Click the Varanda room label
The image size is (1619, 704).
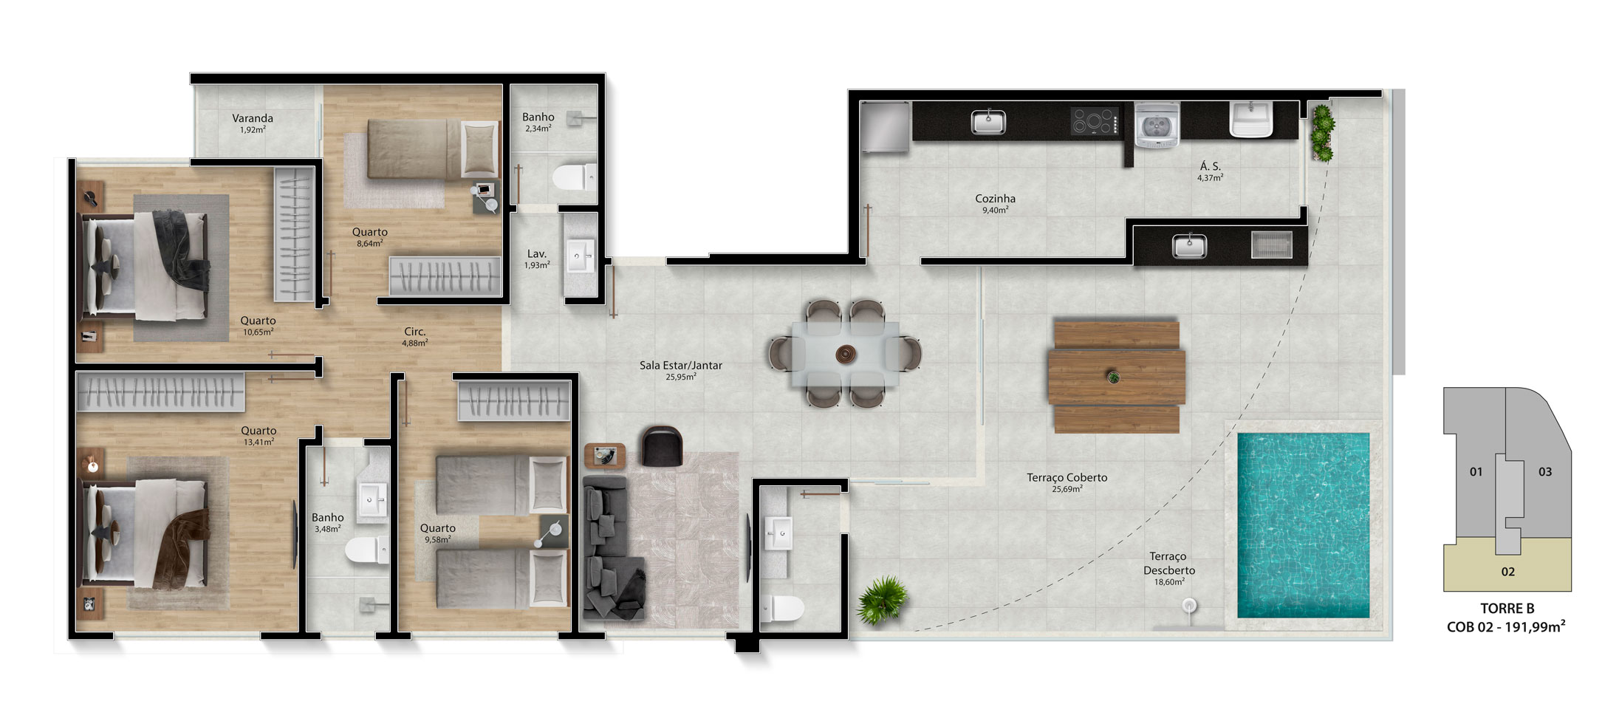tap(253, 118)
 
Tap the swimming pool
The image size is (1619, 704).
tap(1304, 525)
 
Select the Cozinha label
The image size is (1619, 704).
tap(995, 199)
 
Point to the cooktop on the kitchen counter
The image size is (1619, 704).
tap(1095, 122)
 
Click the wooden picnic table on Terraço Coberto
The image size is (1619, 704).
tap(1116, 376)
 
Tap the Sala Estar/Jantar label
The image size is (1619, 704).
tap(680, 365)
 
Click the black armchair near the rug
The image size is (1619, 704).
tap(662, 446)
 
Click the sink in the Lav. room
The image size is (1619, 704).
tap(580, 257)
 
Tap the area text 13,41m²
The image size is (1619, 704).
tap(259, 442)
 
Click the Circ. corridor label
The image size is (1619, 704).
tap(414, 332)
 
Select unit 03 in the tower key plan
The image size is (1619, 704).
tap(1545, 471)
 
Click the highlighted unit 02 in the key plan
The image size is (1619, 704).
tap(1507, 571)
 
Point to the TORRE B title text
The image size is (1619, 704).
tap(1507, 609)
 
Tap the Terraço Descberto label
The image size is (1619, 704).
tap(1168, 563)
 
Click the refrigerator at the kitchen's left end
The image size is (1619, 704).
tap(886, 128)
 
